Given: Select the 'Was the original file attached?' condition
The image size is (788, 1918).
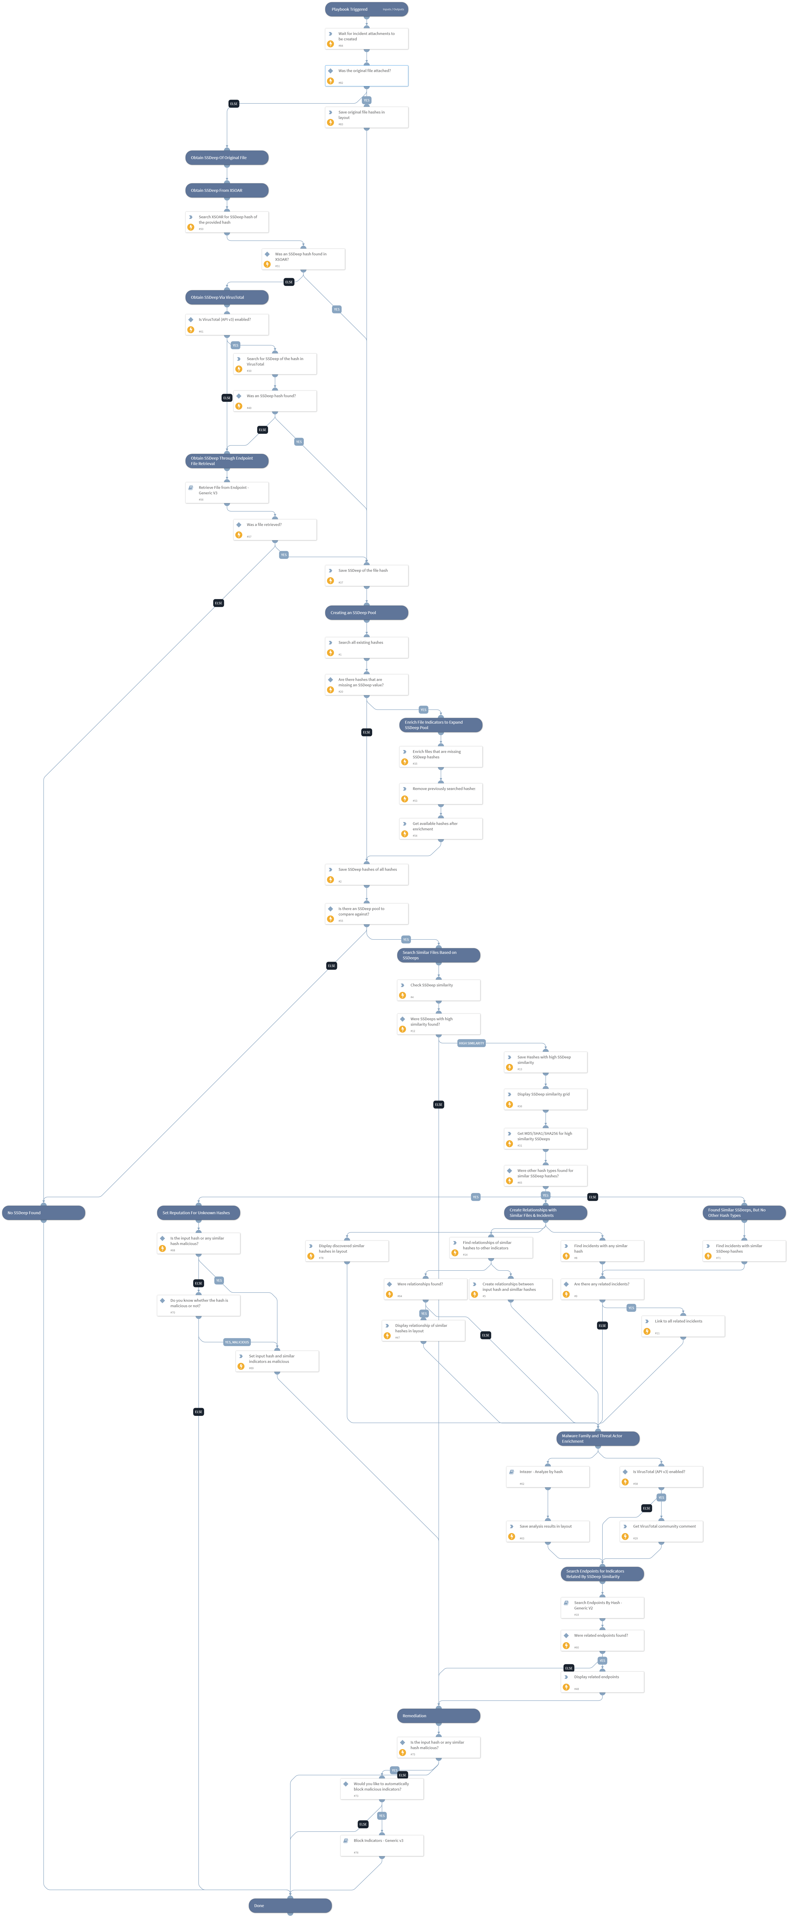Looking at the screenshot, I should (x=366, y=75).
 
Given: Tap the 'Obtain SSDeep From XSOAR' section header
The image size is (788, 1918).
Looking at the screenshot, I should (x=226, y=191).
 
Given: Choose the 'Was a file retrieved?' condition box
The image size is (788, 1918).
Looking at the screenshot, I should (x=275, y=529).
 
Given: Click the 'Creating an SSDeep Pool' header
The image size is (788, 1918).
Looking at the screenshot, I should (x=366, y=613).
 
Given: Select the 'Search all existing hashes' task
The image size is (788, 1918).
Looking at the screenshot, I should (x=366, y=647).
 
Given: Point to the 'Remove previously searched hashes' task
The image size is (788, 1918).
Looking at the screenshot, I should (x=440, y=793).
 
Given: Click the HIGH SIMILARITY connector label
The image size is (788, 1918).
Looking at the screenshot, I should (x=471, y=1043).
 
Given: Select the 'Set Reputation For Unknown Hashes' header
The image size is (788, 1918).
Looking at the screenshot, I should (x=198, y=1213).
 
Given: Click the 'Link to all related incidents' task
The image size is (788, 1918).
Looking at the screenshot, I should (x=682, y=1325).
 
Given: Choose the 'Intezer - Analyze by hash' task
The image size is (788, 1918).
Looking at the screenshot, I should (x=547, y=1477).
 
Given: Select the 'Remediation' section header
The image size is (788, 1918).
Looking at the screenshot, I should (x=438, y=1715).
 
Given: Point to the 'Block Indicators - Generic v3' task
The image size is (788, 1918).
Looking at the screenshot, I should (x=381, y=1845).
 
